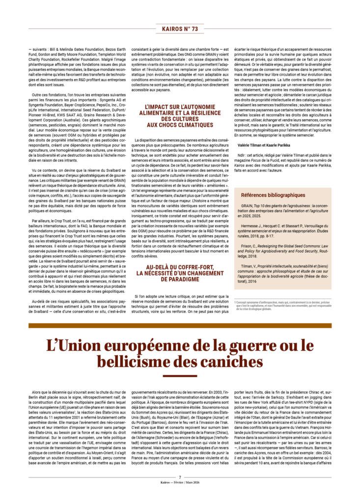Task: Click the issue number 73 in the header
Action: coord(194,29)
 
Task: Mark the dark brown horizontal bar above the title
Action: coord(180,325)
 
